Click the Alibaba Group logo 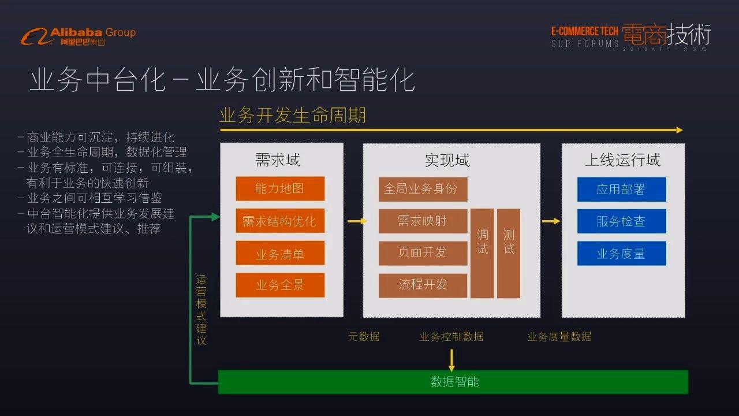(79, 36)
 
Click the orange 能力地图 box (280, 188)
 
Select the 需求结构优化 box (280, 221)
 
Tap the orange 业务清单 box (280, 253)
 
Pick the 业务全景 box (280, 285)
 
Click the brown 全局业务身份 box (423, 189)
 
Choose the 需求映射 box (423, 221)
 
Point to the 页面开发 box (423, 252)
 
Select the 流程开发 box (423, 285)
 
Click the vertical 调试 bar (482, 253)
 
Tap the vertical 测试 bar (509, 253)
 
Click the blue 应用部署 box (621, 189)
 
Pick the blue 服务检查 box (621, 221)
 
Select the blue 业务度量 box (621, 253)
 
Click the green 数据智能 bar (453, 382)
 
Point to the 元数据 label (364, 336)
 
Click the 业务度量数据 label (559, 336)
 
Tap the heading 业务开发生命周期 (293, 115)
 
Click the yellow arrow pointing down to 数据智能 (451, 359)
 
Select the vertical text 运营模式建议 (201, 309)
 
